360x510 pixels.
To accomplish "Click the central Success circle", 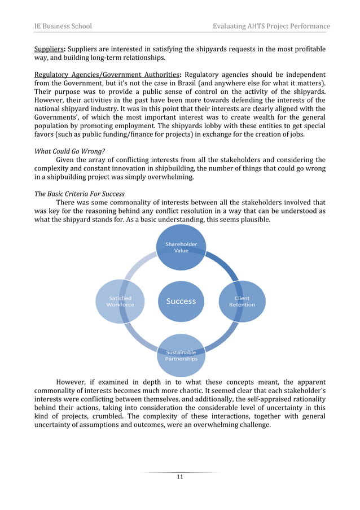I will pyautogui.click(x=181, y=301).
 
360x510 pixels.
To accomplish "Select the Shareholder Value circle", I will pyautogui.click(x=181, y=247).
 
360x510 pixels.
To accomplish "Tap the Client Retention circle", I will pyautogui.click(x=242, y=301).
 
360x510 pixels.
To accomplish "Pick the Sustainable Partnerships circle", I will pyautogui.click(x=181, y=355).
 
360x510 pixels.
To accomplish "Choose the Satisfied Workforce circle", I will pyautogui.click(x=120, y=301).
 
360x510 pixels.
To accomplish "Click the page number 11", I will pyautogui.click(x=180, y=477).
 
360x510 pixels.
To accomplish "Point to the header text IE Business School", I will pyautogui.click(x=63, y=26).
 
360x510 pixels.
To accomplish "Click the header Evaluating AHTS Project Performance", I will pyautogui.click(x=271, y=26).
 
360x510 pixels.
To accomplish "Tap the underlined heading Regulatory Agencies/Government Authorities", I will pyautogui.click(x=106, y=75).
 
